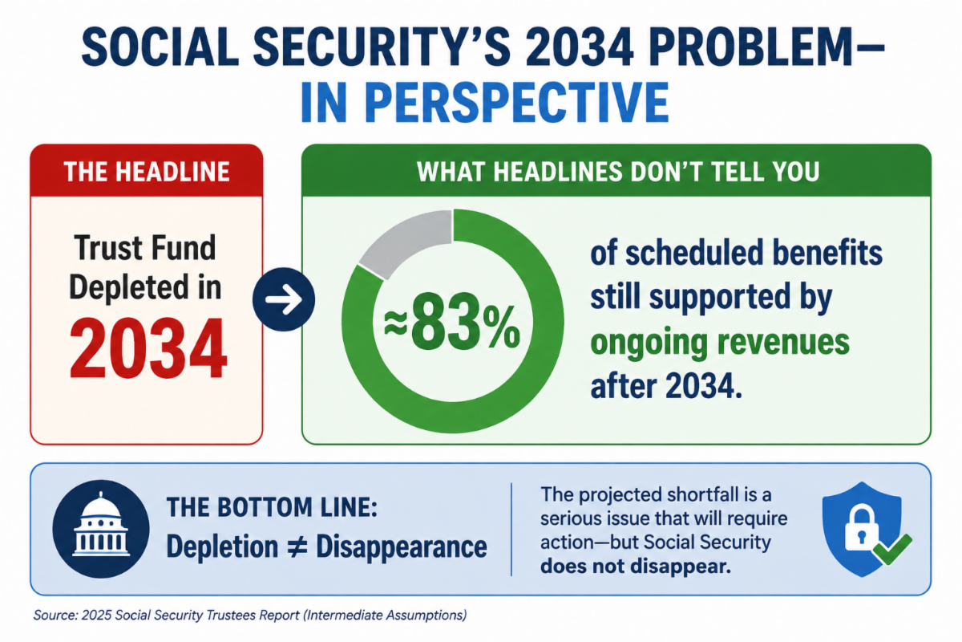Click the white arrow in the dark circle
click(284, 299)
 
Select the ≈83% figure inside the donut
click(452, 322)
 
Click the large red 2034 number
click(148, 348)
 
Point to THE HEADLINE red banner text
click(147, 172)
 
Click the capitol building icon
click(101, 529)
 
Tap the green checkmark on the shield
click(892, 548)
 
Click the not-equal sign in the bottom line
click(297, 547)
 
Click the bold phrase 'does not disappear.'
click(636, 566)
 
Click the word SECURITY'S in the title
click(382, 47)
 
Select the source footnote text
click(250, 615)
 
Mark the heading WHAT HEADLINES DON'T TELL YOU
click(617, 172)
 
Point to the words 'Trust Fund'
click(145, 248)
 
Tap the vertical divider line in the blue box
click(511, 530)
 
